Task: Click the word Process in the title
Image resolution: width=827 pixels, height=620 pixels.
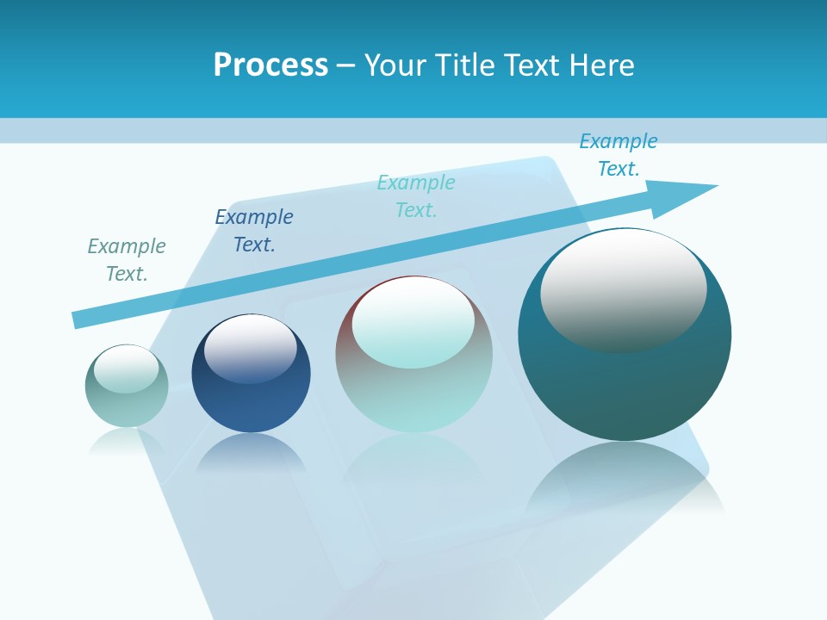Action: [270, 65]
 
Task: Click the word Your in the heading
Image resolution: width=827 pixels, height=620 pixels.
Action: [395, 65]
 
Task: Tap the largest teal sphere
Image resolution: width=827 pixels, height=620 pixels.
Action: [625, 387]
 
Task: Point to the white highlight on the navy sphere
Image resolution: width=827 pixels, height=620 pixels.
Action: [250, 346]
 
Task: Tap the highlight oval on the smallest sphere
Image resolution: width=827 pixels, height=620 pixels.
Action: [126, 368]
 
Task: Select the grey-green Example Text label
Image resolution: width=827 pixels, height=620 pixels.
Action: [127, 260]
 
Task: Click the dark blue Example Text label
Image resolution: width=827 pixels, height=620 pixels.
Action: [254, 231]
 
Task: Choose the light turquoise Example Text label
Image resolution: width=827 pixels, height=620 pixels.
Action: [416, 196]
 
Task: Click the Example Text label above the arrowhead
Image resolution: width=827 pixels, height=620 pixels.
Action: [619, 155]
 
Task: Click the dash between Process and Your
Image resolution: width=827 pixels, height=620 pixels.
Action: [346, 65]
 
